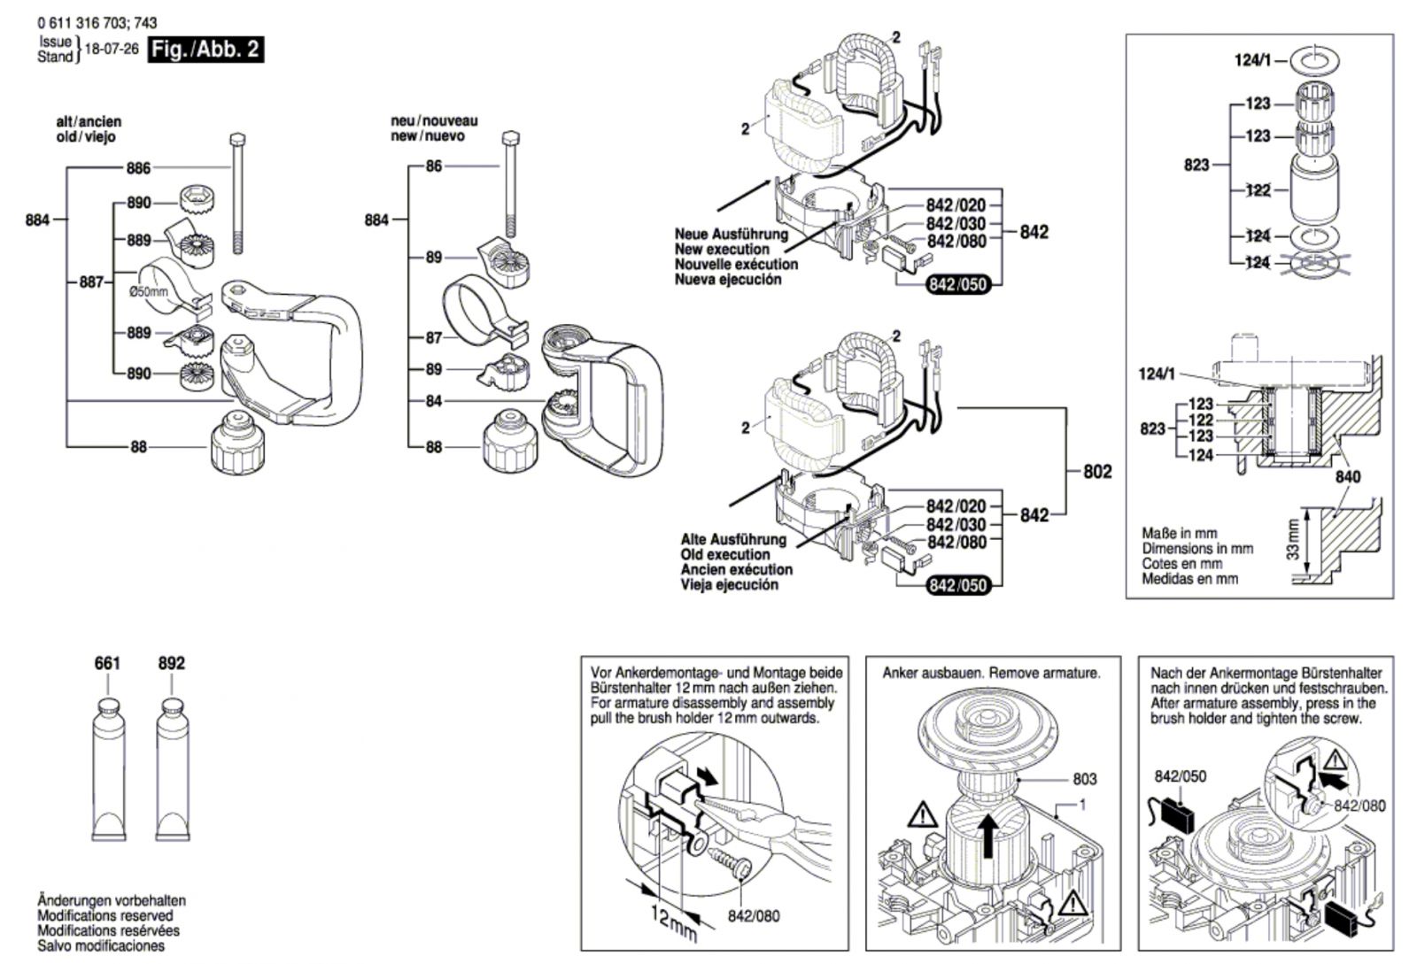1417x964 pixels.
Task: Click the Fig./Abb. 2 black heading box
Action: [x=205, y=50]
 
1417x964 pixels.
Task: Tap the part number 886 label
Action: [x=138, y=167]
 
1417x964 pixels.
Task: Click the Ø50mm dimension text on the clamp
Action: [x=148, y=291]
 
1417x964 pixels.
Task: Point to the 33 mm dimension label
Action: [x=1292, y=538]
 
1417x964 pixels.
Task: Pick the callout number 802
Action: [x=1097, y=472]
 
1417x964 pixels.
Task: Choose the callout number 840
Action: [x=1348, y=476]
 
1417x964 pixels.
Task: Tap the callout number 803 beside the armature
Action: [x=1084, y=779]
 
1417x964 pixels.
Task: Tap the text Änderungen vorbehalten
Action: [x=111, y=901]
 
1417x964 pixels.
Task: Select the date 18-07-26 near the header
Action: [x=111, y=50]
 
